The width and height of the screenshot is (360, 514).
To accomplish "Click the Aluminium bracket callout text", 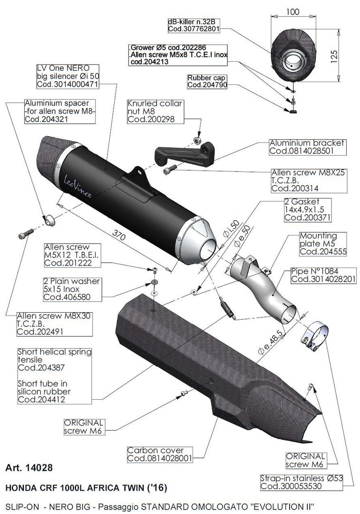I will click(x=307, y=147).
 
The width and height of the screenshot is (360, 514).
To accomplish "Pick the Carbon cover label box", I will click(x=155, y=455).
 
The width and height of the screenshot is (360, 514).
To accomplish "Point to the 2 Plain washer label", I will click(x=71, y=289).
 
